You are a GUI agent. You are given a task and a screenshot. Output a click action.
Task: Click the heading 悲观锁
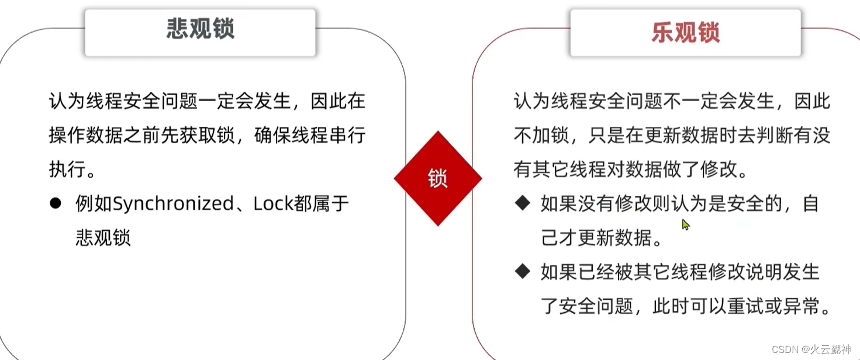[x=200, y=30]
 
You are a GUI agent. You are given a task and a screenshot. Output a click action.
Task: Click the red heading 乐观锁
[x=685, y=33]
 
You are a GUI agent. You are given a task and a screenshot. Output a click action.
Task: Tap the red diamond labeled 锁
[x=437, y=179]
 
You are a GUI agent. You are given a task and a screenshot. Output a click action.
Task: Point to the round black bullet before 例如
[x=56, y=203]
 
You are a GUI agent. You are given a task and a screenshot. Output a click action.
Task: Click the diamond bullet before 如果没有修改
[x=522, y=203]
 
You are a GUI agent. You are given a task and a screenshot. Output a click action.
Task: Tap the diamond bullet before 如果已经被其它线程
[x=522, y=271]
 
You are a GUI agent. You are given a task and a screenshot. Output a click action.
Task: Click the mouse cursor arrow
[x=685, y=224]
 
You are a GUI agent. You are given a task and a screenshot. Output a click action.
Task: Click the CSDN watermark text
[x=785, y=349]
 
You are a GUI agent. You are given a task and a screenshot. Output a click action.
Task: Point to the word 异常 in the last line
[x=804, y=306]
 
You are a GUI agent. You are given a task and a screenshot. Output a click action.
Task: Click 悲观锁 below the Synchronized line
[x=103, y=237]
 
